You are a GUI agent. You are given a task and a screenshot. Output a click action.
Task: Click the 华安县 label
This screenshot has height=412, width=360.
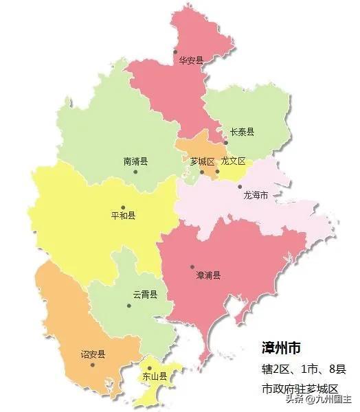(192, 60)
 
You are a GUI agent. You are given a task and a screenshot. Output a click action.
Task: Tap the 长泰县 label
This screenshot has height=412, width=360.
(243, 133)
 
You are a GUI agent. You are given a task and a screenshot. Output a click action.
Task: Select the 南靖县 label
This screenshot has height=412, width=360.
(136, 162)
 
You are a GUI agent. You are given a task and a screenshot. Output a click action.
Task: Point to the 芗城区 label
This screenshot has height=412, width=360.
(203, 162)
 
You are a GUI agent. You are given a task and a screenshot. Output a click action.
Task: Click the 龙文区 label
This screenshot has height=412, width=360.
(233, 162)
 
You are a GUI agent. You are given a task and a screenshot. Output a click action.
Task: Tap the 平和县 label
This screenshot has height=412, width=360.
(123, 216)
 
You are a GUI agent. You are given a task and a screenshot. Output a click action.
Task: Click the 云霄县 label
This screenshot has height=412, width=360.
(146, 295)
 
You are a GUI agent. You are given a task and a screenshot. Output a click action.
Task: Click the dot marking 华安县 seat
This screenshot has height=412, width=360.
(176, 51)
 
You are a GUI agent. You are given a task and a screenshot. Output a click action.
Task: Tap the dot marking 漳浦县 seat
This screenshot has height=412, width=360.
(192, 267)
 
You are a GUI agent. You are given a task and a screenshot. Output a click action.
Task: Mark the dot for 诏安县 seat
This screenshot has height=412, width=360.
(92, 365)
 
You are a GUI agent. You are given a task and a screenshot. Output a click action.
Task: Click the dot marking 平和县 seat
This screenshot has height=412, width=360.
(123, 207)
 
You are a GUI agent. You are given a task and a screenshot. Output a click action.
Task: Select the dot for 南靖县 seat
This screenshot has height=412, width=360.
(135, 172)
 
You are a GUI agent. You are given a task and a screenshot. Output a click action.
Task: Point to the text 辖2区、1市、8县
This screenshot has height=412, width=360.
(304, 369)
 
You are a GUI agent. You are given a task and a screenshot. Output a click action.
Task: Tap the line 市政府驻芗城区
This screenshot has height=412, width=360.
(300, 389)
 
